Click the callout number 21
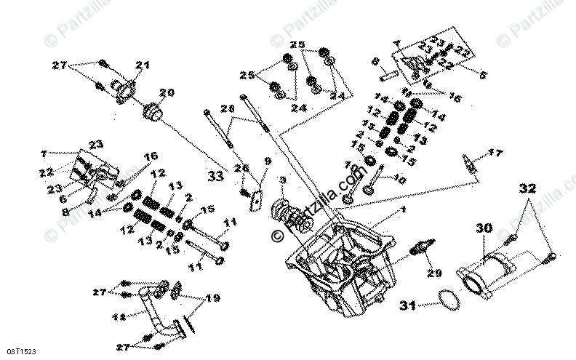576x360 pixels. point(142,65)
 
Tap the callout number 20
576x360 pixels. point(167,93)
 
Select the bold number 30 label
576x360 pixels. point(484,228)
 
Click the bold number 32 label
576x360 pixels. point(529,188)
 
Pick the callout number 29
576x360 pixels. point(434,273)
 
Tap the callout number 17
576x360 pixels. point(495,153)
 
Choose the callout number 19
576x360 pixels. point(212,297)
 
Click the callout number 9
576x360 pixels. point(267,161)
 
